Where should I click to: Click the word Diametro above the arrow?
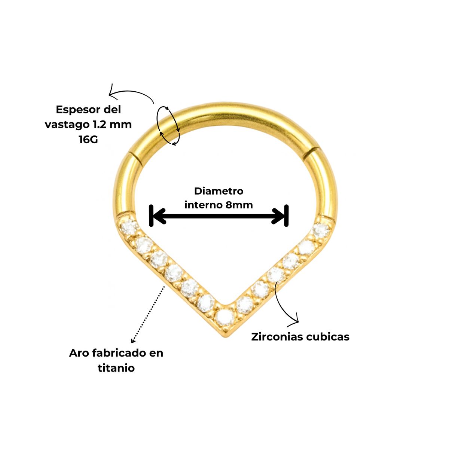pyautogui.click(x=219, y=191)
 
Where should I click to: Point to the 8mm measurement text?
pyautogui.click(x=239, y=205)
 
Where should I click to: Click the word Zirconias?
pyautogui.click(x=277, y=337)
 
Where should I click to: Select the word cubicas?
pyautogui.click(x=328, y=337)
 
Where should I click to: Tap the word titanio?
pyautogui.click(x=116, y=368)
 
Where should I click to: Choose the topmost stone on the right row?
pyautogui.click(x=320, y=229)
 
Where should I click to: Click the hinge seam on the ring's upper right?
pyautogui.click(x=311, y=153)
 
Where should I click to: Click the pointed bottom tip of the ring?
pyautogui.click(x=226, y=335)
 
